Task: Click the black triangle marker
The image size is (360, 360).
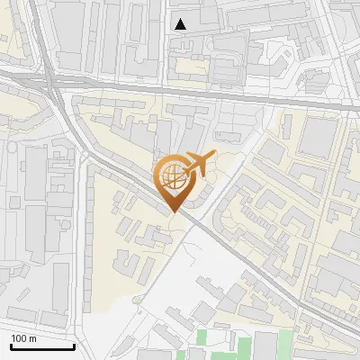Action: coord(181,24)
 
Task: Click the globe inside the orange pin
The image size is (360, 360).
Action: coord(174,177)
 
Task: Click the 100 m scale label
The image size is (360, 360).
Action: coord(23,338)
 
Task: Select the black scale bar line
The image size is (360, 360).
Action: coord(42,346)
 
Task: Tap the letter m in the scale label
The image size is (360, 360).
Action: coord(33,338)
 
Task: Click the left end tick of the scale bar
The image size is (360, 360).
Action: coord(11,345)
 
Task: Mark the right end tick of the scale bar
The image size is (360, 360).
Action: coord(74,345)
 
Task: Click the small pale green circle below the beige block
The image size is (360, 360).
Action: coord(137,298)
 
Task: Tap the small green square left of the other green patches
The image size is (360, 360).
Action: coord(202,337)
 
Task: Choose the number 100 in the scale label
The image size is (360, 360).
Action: coord(19,338)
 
